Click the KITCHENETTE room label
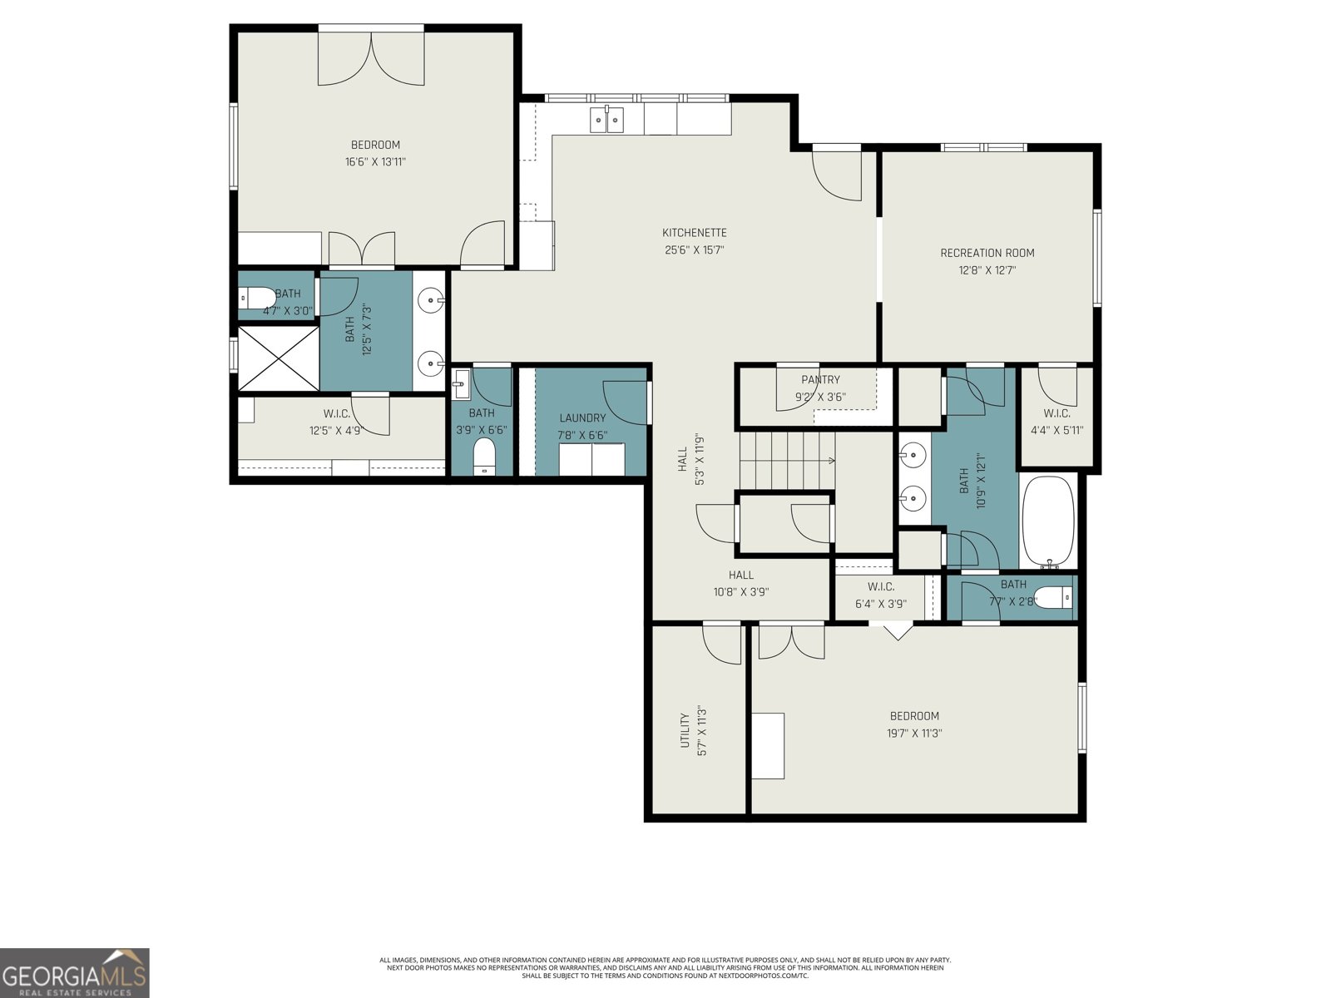click(x=695, y=233)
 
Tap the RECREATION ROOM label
click(x=987, y=254)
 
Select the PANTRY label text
click(x=820, y=380)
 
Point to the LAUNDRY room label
click(x=582, y=418)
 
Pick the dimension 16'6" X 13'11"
click(x=375, y=162)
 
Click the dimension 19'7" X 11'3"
click(x=914, y=734)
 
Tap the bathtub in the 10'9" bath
click(x=1048, y=522)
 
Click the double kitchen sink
click(x=607, y=119)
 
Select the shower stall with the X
click(x=279, y=358)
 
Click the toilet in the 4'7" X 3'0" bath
click(x=257, y=298)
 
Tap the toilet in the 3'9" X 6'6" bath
click(x=484, y=456)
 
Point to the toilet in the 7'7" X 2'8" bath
click(x=1053, y=598)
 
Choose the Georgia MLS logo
click(x=75, y=972)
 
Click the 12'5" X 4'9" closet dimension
click(x=336, y=432)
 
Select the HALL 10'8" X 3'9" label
click(x=741, y=584)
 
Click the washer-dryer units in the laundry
click(x=591, y=459)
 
